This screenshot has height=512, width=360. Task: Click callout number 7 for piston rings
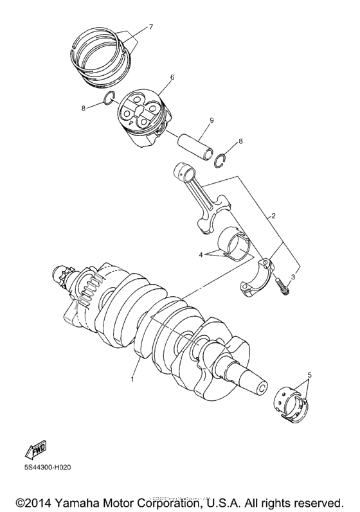151,26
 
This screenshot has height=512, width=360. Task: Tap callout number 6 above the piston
154,77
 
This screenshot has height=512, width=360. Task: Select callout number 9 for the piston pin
212,120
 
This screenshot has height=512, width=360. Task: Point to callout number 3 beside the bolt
292,277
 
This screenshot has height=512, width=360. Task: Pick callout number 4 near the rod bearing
201,254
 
